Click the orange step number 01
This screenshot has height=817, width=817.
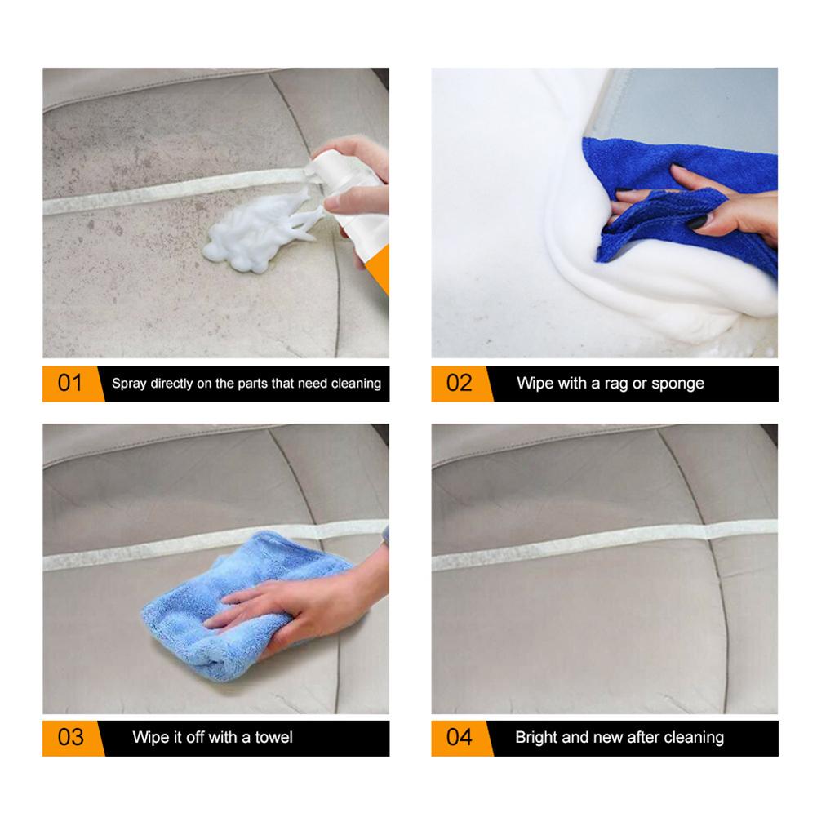pos(70,383)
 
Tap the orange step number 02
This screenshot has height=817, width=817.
pos(460,383)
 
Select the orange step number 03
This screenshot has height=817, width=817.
pos(70,737)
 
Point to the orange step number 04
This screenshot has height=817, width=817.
pos(460,737)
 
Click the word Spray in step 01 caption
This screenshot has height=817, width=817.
pos(129,383)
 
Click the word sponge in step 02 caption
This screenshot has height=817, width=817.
pos(677,383)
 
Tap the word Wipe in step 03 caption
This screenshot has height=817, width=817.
pos(151,737)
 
